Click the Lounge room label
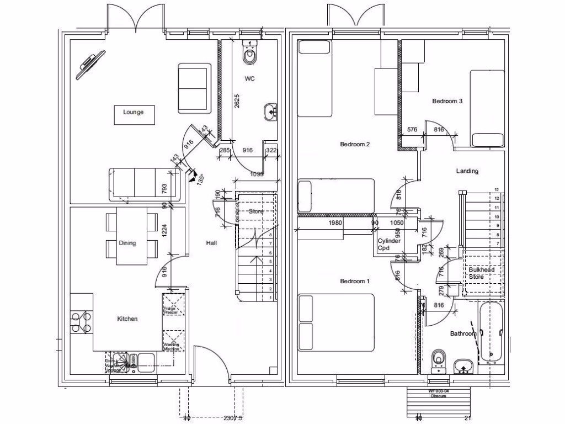coord(134,112)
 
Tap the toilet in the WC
coord(250,54)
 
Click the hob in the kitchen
coord(81,322)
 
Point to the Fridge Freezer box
coord(173,305)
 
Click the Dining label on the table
coord(127,243)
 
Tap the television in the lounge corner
coord(91,61)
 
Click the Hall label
coord(211,243)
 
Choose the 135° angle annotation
coord(200,178)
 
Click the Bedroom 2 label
coord(354,145)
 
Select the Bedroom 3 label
coord(447,101)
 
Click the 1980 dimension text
coord(335,223)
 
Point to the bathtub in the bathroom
coord(491,332)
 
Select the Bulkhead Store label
coord(481,273)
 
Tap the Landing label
coord(467,171)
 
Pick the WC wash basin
coord(270,111)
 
